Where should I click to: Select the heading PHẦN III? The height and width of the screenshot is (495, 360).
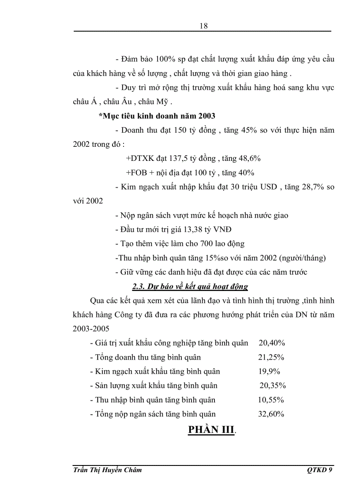pos(211,430)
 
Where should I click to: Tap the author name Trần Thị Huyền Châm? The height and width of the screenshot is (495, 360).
pos(107,470)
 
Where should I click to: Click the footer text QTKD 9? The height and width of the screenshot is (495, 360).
pos(319,470)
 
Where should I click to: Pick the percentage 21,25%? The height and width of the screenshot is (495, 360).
pos(271,357)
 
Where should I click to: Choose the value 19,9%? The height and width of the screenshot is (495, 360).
pos(269,371)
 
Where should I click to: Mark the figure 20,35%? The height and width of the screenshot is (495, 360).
pos(273,385)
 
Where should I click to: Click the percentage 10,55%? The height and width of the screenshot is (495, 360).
pos(270,400)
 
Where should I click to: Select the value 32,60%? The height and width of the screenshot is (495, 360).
pos(271,414)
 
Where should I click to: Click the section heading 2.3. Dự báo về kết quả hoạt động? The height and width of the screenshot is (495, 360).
pos(190,287)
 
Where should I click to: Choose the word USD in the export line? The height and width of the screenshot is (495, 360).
pos(269,187)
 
